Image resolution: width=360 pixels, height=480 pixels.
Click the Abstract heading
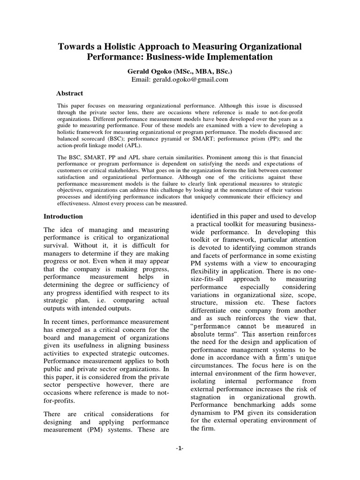(69, 93)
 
